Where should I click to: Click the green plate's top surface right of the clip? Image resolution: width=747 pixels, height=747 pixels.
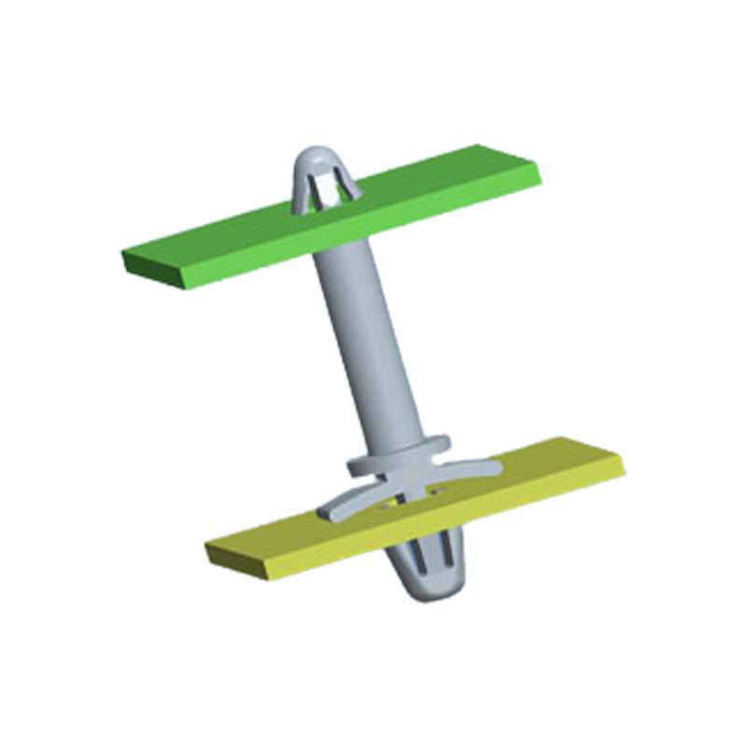click(439, 187)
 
